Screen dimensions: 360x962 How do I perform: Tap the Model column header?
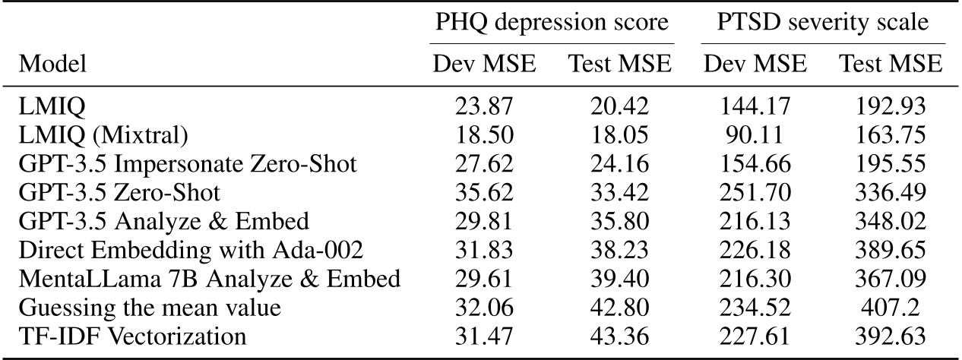coord(52,65)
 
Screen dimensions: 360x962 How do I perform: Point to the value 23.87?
coord(484,110)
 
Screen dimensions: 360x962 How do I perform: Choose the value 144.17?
coord(755,110)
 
